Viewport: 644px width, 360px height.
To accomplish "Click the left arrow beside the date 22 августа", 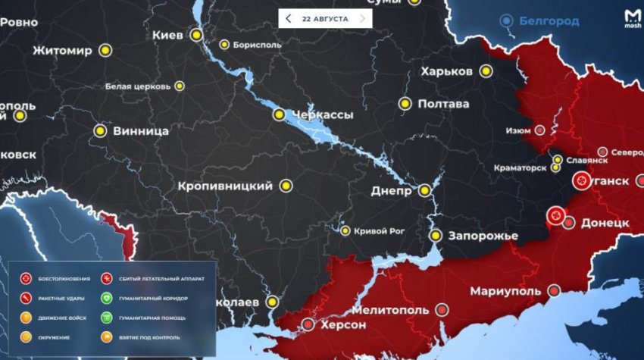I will (288, 19).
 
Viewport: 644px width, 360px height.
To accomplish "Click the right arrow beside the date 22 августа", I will (362, 19).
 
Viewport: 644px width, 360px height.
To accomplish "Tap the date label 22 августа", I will (325, 19).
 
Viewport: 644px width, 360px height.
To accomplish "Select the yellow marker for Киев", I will (196, 34).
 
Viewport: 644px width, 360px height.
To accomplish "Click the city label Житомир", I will (62, 51).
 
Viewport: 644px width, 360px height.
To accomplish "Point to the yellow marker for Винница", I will (99, 130).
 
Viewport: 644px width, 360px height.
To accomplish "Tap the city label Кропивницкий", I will (225, 185).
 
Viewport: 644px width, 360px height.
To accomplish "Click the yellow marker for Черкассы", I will (280, 114).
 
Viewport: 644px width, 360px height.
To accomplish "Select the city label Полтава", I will (443, 104).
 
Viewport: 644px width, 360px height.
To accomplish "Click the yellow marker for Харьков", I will (486, 70).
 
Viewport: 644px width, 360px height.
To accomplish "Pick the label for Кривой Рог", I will (379, 230).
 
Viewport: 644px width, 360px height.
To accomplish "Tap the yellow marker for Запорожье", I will (436, 236).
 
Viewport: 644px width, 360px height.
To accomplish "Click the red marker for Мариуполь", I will (555, 291).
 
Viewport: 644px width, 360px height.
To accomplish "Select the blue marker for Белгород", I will (506, 21).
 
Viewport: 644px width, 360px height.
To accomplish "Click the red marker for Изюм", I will (539, 130).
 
